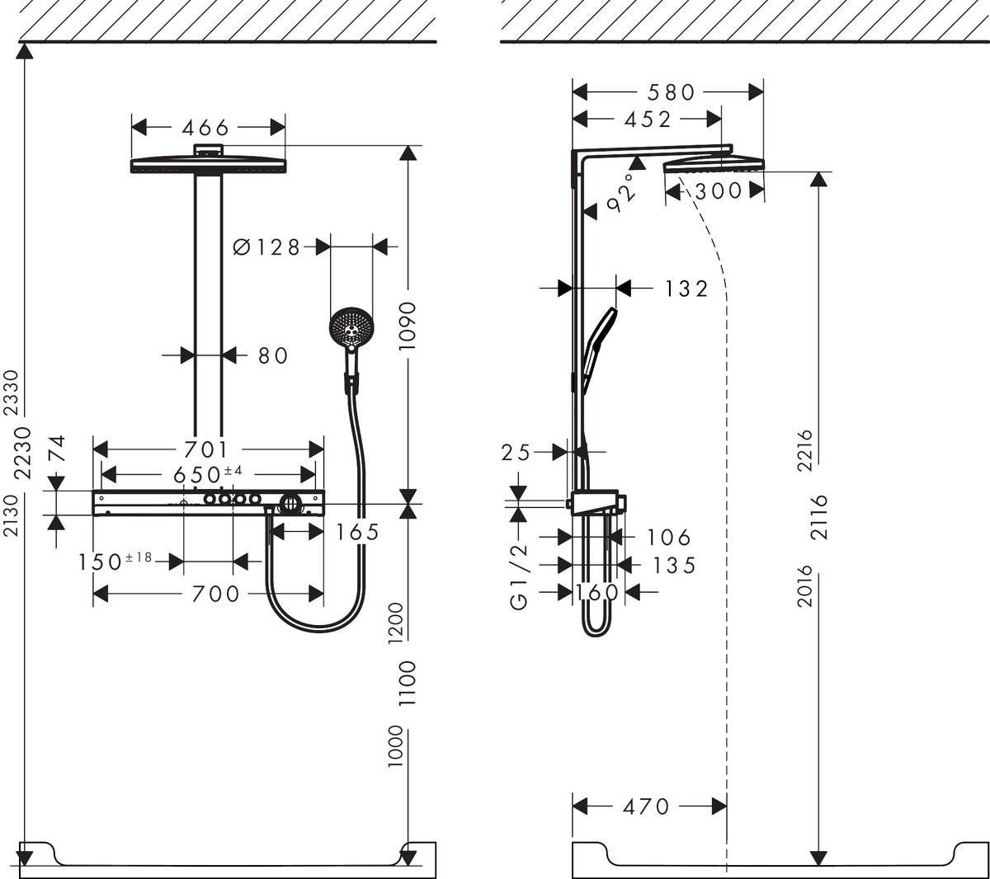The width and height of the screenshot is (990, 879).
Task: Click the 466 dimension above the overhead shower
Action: [x=205, y=128]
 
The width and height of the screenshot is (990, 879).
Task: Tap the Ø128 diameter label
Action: [x=266, y=247]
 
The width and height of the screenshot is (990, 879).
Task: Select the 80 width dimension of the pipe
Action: [x=273, y=355]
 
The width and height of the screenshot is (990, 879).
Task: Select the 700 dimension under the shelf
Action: [x=215, y=594]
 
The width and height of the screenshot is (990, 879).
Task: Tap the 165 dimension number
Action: [x=356, y=533]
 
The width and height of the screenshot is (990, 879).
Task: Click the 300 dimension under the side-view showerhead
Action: [x=718, y=191]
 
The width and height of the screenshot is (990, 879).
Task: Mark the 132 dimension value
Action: [x=686, y=289]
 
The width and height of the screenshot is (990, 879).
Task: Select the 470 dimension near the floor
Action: [x=645, y=806]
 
